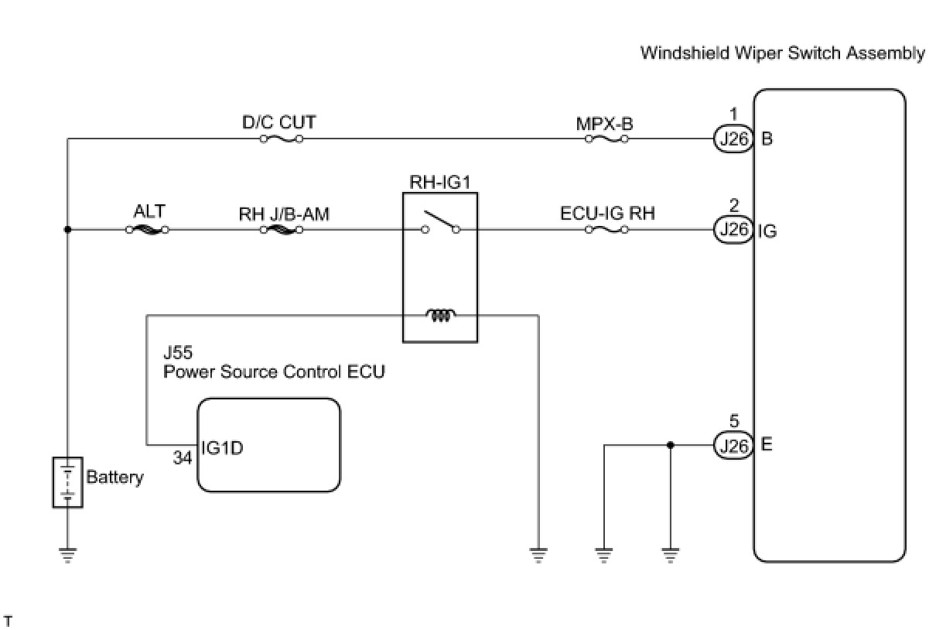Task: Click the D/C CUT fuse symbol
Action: (x=281, y=139)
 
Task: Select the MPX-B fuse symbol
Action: (x=606, y=139)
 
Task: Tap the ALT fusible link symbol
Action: (x=147, y=230)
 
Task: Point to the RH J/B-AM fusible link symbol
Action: (x=282, y=230)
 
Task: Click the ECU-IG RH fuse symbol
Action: (x=606, y=230)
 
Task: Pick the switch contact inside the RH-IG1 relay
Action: (x=440, y=224)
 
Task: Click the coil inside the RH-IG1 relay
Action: (x=440, y=315)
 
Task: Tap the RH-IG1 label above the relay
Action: (x=440, y=183)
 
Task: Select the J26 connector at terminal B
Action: (x=731, y=139)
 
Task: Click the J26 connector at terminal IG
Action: (x=731, y=230)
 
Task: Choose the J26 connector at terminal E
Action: (x=731, y=446)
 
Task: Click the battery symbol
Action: (x=67, y=482)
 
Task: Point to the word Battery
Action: (x=114, y=477)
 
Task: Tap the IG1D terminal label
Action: (x=222, y=447)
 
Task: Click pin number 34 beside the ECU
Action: (x=183, y=457)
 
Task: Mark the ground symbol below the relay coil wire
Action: (x=538, y=555)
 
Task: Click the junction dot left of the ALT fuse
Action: (x=68, y=230)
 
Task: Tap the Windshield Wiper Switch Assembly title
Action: (x=782, y=53)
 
